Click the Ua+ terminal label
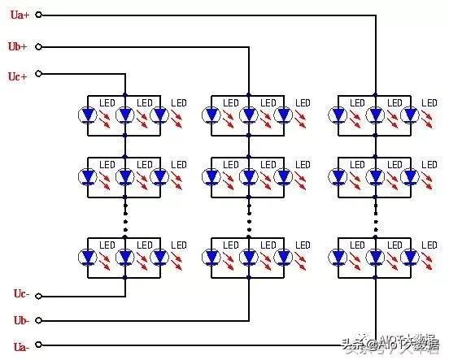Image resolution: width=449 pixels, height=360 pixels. point(20,15)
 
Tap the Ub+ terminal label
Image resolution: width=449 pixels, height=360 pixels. point(18,46)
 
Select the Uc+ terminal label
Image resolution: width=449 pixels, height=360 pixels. point(18,76)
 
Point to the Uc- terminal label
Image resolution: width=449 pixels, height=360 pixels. point(21,293)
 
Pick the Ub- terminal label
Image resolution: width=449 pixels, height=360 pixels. point(21,320)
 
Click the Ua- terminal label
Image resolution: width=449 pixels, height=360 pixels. point(21,347)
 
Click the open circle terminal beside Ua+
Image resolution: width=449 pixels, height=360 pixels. point(38,15)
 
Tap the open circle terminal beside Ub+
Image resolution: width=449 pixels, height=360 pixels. point(38,46)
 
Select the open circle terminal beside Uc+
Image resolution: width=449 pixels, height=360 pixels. point(38,74)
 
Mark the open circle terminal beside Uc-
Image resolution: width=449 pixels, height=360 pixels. point(38,296)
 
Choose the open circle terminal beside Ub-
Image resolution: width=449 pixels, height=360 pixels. point(38,320)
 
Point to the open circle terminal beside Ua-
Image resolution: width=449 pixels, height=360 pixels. point(38,345)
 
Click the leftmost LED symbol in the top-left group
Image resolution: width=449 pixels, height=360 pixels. point(88,115)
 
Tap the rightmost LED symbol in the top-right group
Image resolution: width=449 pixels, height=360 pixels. point(410,115)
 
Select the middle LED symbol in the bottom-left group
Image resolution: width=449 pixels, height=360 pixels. point(124,257)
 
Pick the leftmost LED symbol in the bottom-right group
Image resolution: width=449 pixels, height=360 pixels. point(338,257)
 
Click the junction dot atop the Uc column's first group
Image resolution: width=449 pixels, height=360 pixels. point(124,94)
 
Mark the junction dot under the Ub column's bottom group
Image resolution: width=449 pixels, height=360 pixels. point(249,277)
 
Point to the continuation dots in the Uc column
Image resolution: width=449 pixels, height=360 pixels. point(125,218)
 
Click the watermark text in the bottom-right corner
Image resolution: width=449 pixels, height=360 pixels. point(391,344)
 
